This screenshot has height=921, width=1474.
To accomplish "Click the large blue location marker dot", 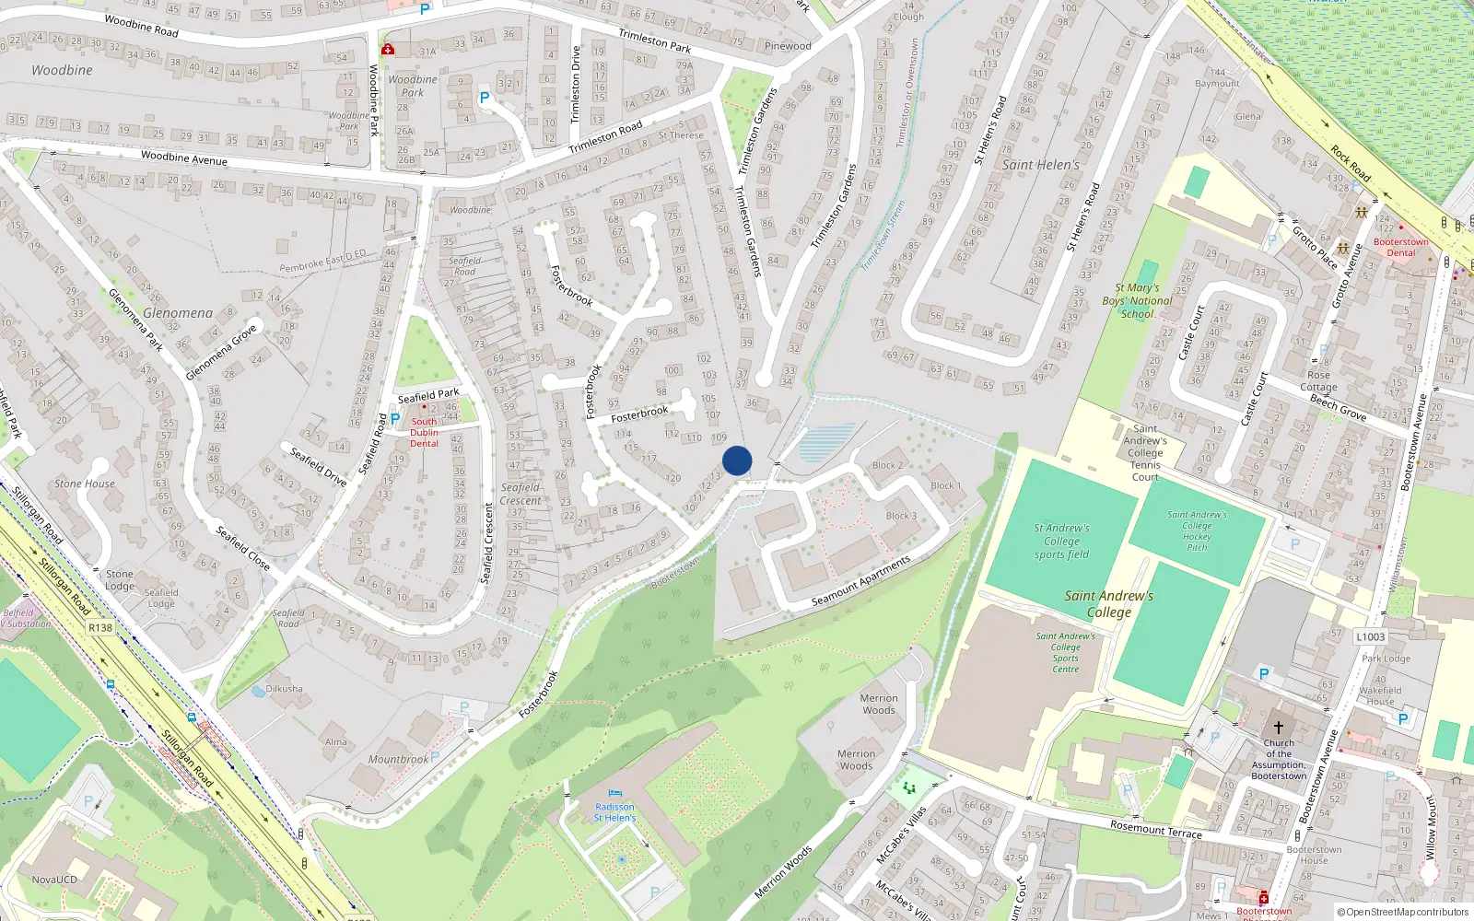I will [737, 460].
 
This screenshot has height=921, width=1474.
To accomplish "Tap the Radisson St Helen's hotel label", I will [614, 812].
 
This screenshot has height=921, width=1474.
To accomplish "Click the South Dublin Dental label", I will [424, 433].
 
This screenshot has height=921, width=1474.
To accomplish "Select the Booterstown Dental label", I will [1400, 247].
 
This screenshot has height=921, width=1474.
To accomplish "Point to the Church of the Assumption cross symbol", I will [1279, 728].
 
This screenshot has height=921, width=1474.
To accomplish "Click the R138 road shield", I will [100, 628].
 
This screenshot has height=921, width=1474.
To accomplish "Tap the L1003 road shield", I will [1370, 636].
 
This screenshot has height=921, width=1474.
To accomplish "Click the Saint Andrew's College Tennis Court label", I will [1145, 452].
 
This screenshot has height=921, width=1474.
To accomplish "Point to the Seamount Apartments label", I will [860, 581].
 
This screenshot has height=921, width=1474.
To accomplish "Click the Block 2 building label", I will [888, 465].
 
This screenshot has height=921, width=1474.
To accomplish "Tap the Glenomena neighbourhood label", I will [178, 313].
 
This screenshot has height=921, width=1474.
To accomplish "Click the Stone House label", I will [85, 484].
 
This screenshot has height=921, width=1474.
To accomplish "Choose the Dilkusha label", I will [284, 689].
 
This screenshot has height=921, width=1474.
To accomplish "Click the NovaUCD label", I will [54, 880].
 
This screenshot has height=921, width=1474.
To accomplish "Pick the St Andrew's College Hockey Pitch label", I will [1197, 530].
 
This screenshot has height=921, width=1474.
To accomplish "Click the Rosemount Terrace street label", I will [1155, 829].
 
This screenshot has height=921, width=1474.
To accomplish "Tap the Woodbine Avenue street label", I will [184, 158].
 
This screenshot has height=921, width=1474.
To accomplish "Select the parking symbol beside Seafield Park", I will [395, 419].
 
